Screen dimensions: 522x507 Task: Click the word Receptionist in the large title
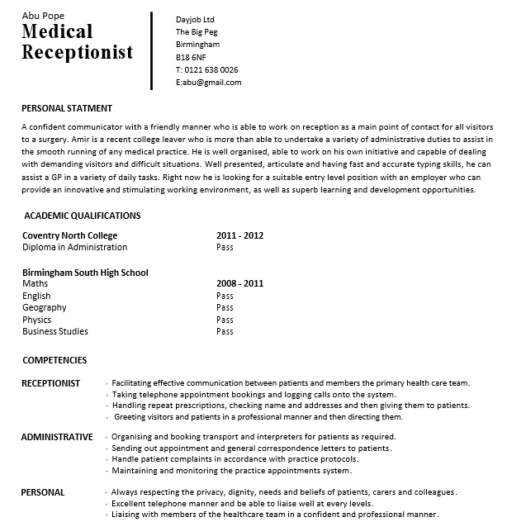pyautogui.click(x=78, y=53)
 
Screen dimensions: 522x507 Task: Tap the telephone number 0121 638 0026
pyautogui.click(x=211, y=69)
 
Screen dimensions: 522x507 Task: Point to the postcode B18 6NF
pyautogui.click(x=191, y=57)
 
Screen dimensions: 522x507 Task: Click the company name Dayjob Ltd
pyautogui.click(x=195, y=19)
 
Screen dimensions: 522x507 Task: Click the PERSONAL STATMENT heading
pyautogui.click(x=66, y=108)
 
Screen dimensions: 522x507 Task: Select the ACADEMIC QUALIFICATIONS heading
pyautogui.click(x=82, y=216)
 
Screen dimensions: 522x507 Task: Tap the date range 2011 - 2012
pyautogui.click(x=239, y=235)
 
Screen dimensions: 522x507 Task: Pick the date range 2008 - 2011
pyautogui.click(x=239, y=283)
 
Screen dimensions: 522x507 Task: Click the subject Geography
pyautogui.click(x=45, y=307)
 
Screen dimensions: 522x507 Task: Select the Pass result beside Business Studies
pyautogui.click(x=225, y=331)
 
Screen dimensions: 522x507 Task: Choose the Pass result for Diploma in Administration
pyautogui.click(x=225, y=247)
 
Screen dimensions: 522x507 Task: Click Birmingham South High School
pyautogui.click(x=85, y=272)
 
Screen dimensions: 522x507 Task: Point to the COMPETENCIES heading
pyautogui.click(x=54, y=360)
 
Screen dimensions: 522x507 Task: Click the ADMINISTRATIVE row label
pyautogui.click(x=57, y=436)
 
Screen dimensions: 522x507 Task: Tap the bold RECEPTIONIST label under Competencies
pyautogui.click(x=50, y=383)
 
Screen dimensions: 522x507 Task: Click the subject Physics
pyautogui.click(x=37, y=320)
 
